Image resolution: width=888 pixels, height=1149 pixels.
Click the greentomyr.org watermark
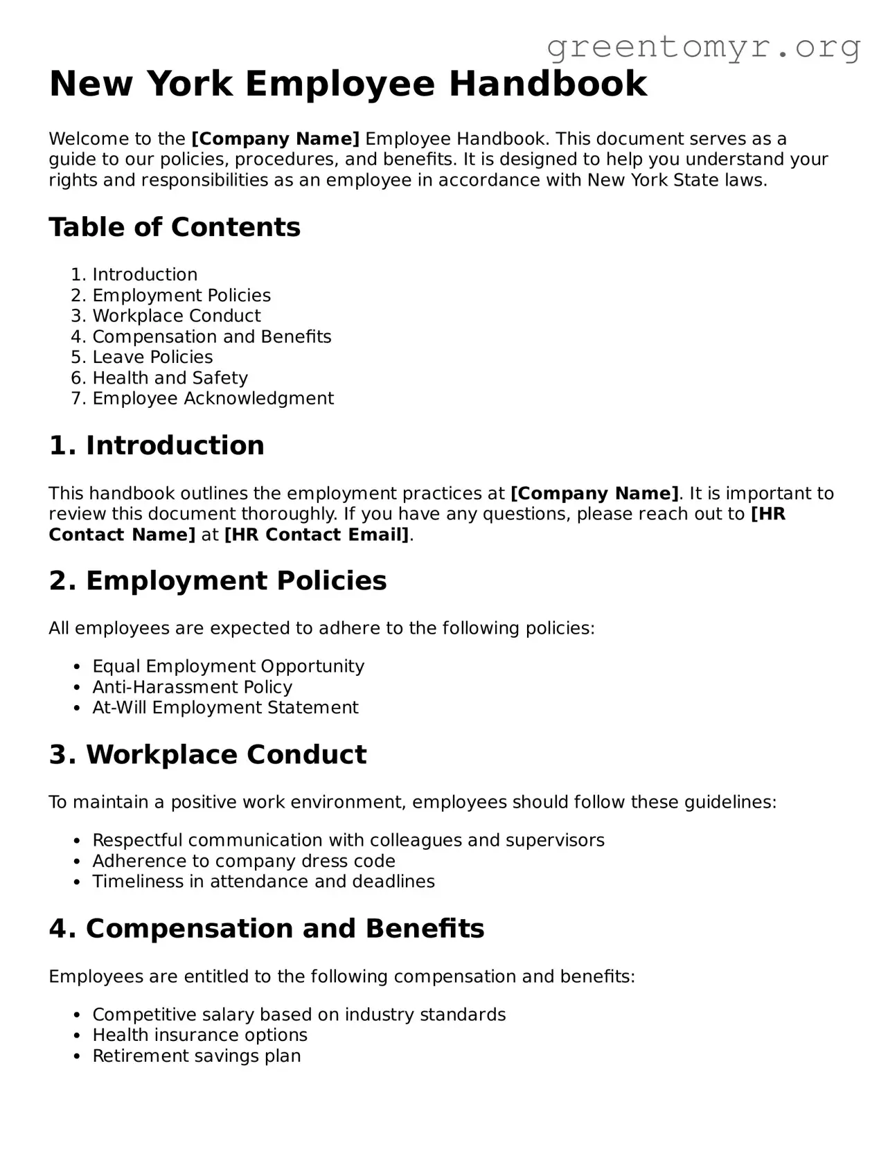703,47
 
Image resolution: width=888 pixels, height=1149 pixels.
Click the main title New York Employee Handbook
348,84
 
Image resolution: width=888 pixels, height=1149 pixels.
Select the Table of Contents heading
175,227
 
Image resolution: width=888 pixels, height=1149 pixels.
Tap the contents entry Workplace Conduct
177,316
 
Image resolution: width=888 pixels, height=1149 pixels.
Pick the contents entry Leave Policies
152,357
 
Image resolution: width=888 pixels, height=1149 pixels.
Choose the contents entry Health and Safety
170,378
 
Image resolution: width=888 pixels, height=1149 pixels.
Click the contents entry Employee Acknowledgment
213,399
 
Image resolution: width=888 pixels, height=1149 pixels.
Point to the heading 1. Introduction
157,445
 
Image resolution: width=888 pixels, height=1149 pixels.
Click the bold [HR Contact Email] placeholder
317,535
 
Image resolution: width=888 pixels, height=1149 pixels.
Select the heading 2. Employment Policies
217,580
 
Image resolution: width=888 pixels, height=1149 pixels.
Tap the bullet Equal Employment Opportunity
228,666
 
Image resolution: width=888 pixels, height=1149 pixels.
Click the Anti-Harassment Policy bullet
192,687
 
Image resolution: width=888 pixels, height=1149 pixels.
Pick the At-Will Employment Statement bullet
225,708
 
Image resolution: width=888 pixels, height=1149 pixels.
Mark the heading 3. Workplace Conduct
208,754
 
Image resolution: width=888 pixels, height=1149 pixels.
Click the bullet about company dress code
244,861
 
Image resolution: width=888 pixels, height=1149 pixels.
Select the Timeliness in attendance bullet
263,882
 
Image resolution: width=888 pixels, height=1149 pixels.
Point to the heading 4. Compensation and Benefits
267,929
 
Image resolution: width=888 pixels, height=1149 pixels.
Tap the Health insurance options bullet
199,1035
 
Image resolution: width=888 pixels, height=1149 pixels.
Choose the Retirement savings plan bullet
197,1056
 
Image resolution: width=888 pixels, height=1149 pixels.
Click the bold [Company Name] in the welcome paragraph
275,139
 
